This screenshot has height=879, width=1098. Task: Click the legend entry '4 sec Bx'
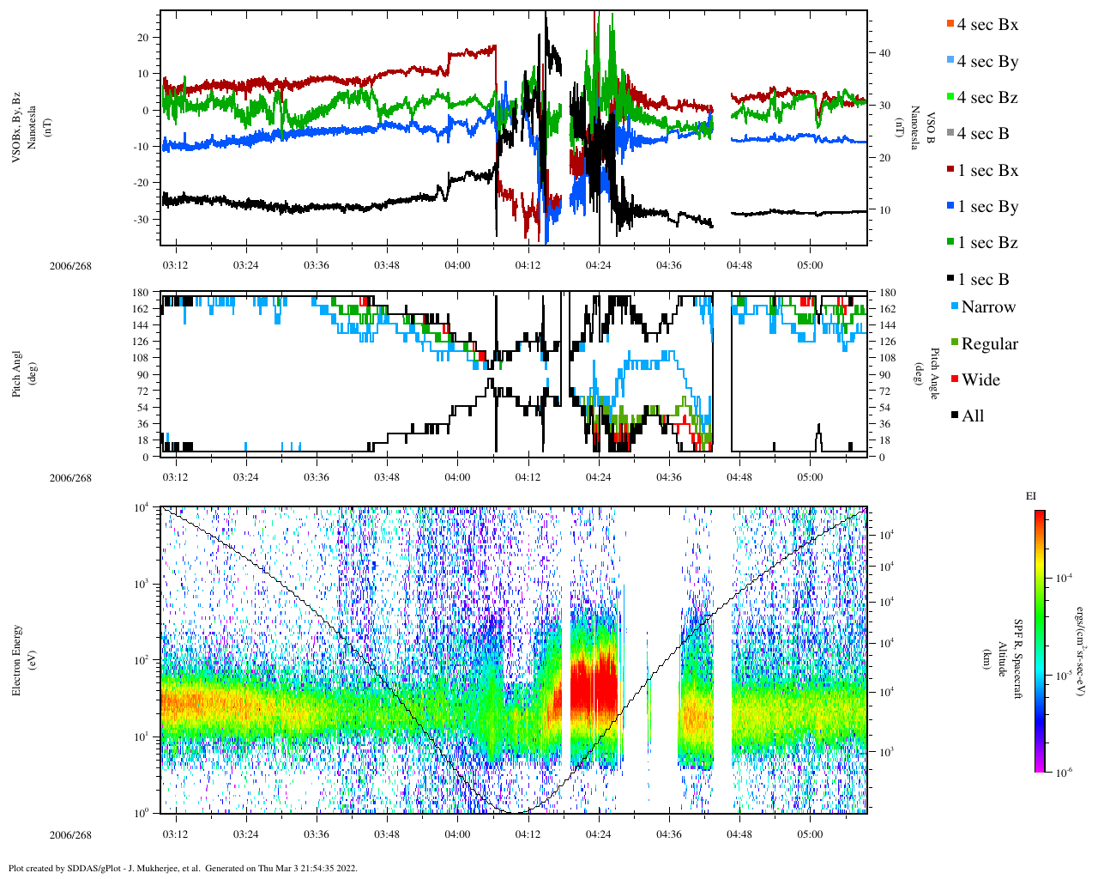(x=986, y=25)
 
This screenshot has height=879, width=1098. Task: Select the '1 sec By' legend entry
(x=987, y=207)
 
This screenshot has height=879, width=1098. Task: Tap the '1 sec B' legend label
(x=983, y=280)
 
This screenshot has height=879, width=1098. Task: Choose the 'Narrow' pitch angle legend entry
(x=987, y=307)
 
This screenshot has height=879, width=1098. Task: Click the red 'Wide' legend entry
(x=980, y=380)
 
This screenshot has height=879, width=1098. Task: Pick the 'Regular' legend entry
(x=989, y=344)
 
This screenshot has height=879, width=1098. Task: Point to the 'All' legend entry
(x=972, y=416)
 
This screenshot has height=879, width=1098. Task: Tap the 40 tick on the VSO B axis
(x=884, y=53)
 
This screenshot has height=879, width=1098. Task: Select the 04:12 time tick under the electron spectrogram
(x=528, y=834)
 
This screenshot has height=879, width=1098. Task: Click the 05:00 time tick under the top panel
(x=810, y=265)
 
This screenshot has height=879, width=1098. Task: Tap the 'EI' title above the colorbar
(x=1031, y=496)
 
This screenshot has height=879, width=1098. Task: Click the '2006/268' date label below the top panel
(x=70, y=266)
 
